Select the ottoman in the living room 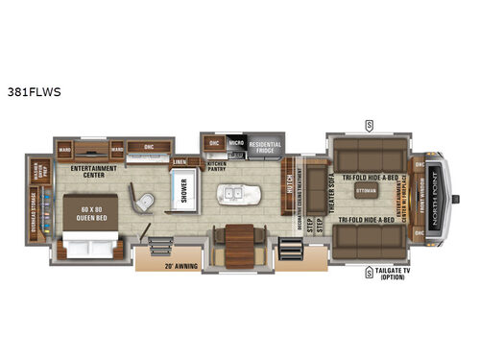point(364,192)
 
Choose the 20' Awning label point(180,263)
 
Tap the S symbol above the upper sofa point(368,123)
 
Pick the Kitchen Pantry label point(217,165)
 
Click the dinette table point(236,237)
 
